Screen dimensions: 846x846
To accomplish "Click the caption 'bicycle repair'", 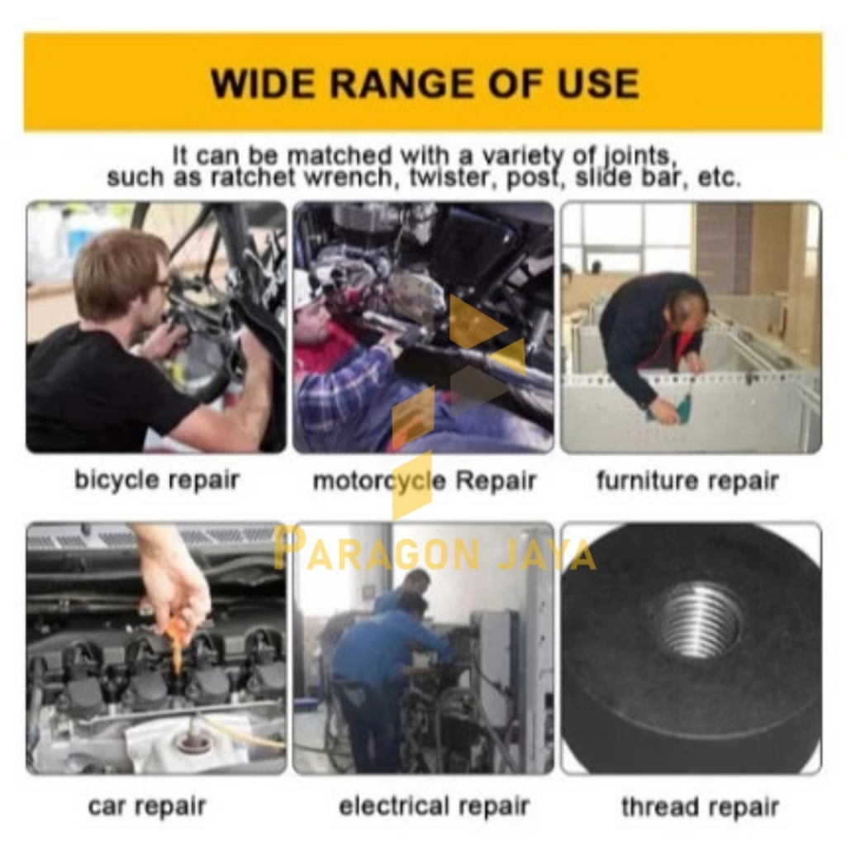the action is (156, 480).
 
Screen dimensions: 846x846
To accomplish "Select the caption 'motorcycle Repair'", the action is (424, 480).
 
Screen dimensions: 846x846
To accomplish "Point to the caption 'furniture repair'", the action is (687, 480).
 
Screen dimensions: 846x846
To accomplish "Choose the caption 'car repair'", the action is (147, 806).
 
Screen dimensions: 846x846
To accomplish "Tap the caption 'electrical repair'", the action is (434, 806).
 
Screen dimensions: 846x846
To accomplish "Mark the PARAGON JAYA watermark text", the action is (435, 550).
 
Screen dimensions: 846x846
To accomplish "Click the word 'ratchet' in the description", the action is (253, 177).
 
